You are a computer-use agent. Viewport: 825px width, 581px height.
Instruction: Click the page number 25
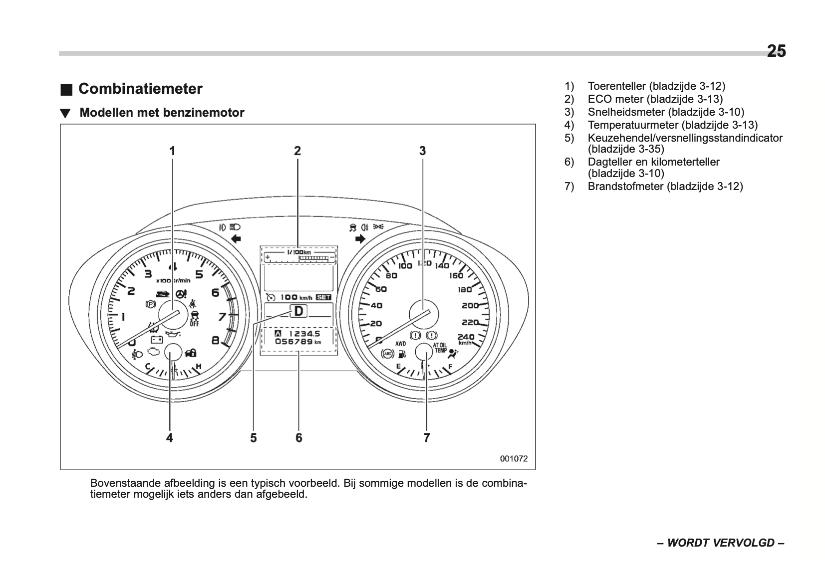tap(776, 51)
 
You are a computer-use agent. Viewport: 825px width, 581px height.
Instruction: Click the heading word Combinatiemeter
tap(140, 89)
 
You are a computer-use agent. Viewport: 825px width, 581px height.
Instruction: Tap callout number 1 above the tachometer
tap(172, 151)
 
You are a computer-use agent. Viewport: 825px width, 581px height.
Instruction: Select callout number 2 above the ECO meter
tap(297, 151)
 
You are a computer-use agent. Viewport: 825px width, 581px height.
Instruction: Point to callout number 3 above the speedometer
tap(422, 151)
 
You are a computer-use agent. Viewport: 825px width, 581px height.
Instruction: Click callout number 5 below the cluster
tap(254, 438)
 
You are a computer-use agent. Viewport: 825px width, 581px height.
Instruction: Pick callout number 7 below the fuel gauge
tap(427, 438)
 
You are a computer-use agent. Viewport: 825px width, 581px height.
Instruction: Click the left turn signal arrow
tap(236, 239)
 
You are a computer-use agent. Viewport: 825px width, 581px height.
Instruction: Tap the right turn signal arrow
tap(360, 239)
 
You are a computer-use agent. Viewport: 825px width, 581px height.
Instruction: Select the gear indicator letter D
tap(298, 311)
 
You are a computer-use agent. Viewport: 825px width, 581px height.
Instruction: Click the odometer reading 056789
tap(294, 342)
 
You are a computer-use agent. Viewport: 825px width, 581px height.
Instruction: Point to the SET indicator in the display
tap(323, 297)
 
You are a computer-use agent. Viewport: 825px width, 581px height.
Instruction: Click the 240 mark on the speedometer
tap(466, 337)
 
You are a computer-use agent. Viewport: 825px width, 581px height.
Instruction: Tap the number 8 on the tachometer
tap(216, 341)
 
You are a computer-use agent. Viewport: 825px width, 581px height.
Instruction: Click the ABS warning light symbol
tap(387, 354)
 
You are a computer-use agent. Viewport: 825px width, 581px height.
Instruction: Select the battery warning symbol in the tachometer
tap(157, 340)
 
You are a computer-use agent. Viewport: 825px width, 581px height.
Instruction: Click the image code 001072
tap(514, 459)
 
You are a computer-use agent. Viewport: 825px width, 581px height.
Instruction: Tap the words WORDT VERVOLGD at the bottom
tap(721, 543)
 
